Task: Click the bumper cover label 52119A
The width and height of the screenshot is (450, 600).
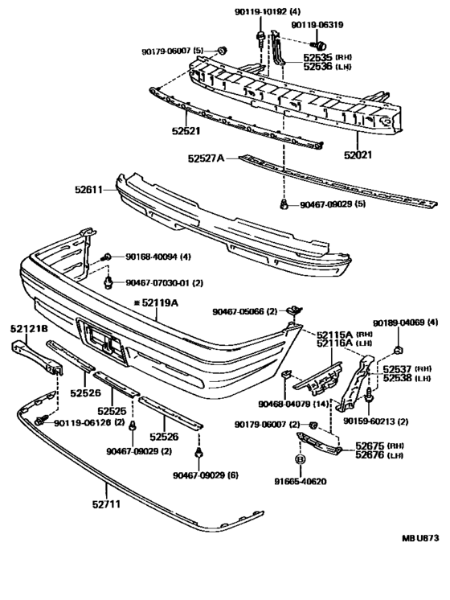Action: [x=160, y=302]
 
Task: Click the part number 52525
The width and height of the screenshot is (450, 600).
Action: [x=111, y=411]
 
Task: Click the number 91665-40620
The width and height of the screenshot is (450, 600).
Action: [x=299, y=482]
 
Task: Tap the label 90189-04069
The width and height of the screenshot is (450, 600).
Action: [x=403, y=323]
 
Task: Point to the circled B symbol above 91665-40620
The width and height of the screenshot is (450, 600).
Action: [x=299, y=459]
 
